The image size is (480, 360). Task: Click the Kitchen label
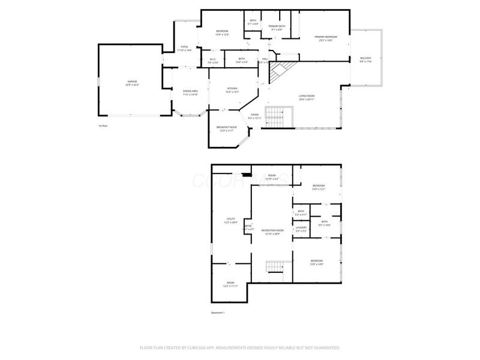(x=232, y=90)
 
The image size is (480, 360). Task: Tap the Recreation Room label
(x=272, y=231)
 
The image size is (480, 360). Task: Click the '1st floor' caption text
(x=103, y=126)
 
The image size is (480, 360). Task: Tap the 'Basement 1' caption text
(x=217, y=313)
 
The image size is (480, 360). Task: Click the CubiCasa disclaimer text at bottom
(x=240, y=347)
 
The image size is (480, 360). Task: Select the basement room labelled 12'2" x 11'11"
(x=230, y=284)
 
